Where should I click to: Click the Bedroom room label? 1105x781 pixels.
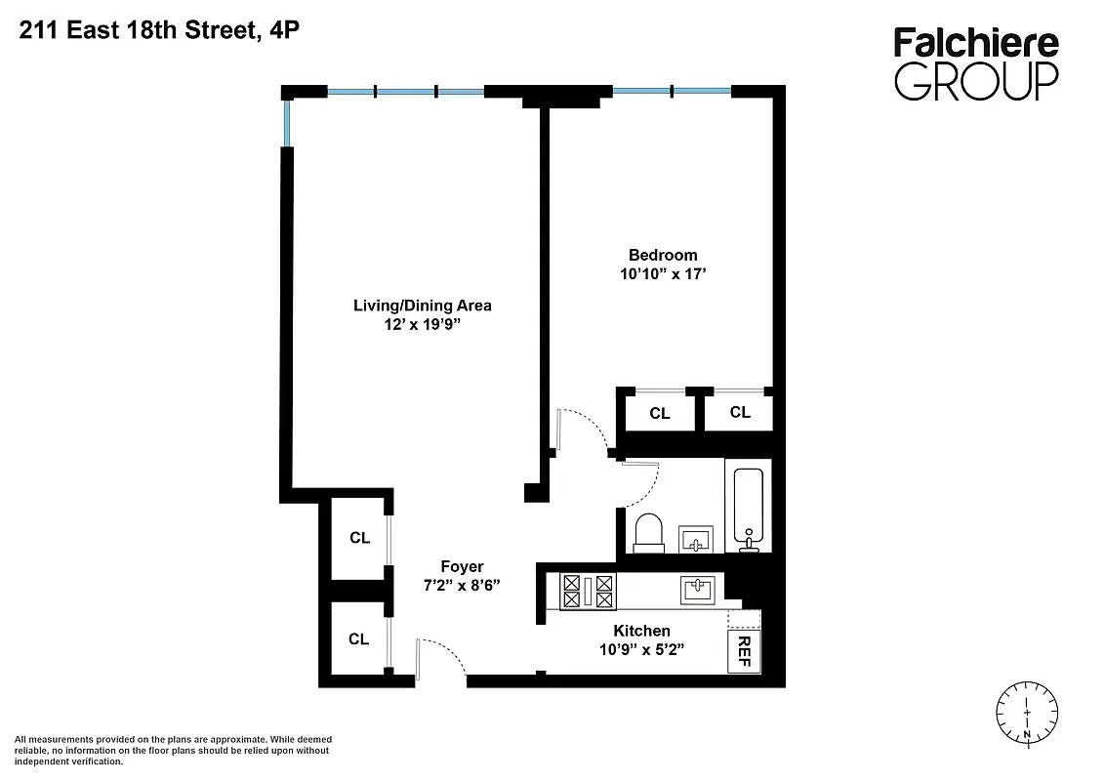663,256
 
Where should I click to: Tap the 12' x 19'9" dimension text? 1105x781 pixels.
422,325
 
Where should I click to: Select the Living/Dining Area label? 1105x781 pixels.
422,306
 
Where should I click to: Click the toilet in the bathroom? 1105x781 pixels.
648,533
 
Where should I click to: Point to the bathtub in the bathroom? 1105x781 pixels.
749,508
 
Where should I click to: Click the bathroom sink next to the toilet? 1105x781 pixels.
696,539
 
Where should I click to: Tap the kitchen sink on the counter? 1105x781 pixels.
699,590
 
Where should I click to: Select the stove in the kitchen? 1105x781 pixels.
588,590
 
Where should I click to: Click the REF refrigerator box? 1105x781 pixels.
744,651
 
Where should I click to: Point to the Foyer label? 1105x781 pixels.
462,566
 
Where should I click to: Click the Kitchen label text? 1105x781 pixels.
641,631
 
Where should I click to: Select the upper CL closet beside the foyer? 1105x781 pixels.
359,538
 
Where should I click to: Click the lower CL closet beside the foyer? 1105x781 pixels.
359,639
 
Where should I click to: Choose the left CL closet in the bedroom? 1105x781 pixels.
660,413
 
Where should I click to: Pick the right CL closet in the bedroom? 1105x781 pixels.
740,412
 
